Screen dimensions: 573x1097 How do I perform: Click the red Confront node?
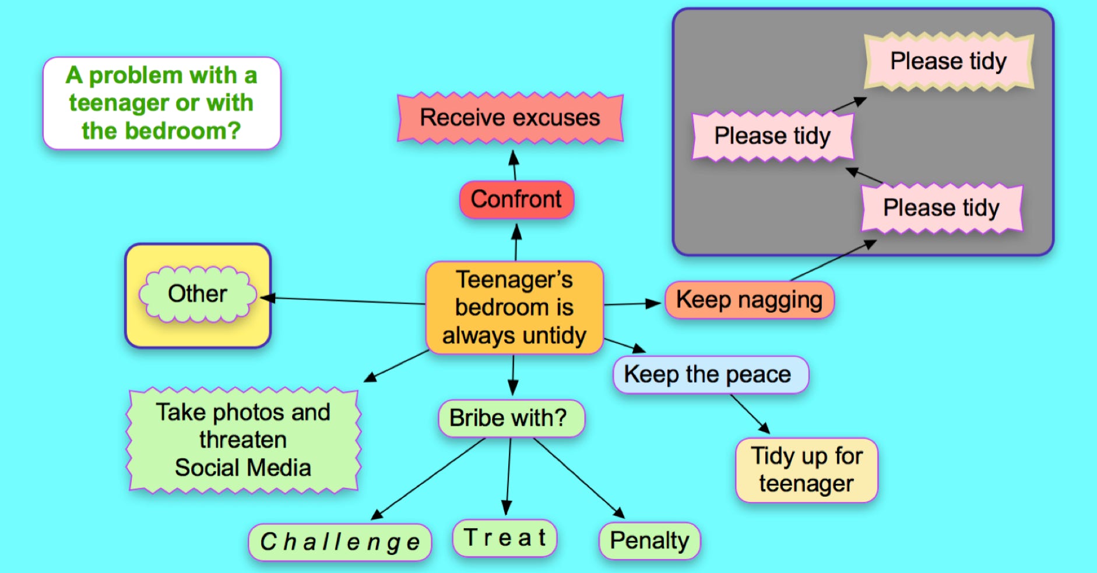516,200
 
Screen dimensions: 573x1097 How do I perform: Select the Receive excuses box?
510,118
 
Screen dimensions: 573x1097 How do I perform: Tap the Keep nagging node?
749,300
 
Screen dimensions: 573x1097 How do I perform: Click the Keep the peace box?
710,374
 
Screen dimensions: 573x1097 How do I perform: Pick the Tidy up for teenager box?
806,470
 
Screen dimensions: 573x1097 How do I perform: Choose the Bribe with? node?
511,418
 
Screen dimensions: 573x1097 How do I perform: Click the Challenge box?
340,542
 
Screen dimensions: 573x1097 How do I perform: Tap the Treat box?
505,538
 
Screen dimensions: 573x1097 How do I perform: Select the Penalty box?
649,541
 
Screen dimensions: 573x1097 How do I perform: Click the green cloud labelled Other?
198,294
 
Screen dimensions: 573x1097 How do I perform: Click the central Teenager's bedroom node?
514,307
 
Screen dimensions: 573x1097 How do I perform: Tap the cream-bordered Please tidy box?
948,62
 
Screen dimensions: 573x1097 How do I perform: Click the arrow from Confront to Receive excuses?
514,166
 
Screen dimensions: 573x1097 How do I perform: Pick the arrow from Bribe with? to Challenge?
428,478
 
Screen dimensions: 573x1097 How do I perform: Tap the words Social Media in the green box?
243,468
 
